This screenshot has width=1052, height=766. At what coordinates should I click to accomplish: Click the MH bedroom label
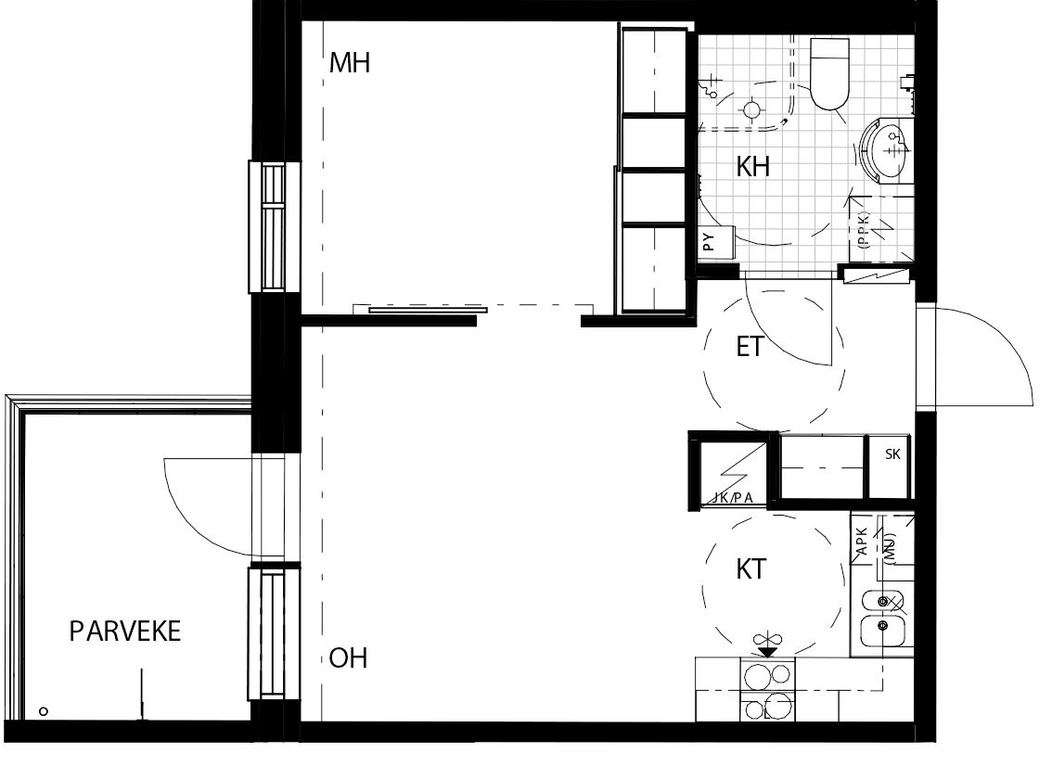click(x=350, y=63)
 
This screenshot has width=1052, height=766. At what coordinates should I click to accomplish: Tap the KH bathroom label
click(x=752, y=166)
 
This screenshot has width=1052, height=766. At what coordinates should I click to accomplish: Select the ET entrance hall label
click(x=750, y=347)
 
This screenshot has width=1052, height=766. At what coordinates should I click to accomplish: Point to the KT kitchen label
click(x=751, y=569)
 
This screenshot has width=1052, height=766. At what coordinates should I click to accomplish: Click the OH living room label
click(x=348, y=658)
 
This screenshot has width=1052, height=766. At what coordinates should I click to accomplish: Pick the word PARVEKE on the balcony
click(x=125, y=632)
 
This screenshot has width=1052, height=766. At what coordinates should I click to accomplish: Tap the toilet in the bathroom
click(x=830, y=74)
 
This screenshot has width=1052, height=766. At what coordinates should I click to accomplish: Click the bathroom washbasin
click(x=885, y=149)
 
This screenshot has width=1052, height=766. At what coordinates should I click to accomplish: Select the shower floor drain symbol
click(x=751, y=108)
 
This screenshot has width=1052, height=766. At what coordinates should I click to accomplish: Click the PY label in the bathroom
click(x=709, y=242)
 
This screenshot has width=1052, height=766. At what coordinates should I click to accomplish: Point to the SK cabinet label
click(x=892, y=454)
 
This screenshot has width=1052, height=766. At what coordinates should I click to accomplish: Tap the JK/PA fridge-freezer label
click(x=733, y=498)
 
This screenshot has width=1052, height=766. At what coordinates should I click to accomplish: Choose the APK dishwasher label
click(x=862, y=541)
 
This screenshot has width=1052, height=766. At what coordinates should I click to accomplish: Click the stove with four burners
click(x=767, y=690)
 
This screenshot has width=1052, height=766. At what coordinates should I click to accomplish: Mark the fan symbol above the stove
click(x=767, y=639)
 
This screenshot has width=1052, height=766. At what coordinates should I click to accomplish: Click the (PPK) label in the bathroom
click(x=864, y=230)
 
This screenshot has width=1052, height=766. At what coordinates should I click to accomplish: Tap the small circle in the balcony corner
click(x=44, y=711)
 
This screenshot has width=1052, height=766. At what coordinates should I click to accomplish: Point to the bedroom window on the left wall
click(x=274, y=226)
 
